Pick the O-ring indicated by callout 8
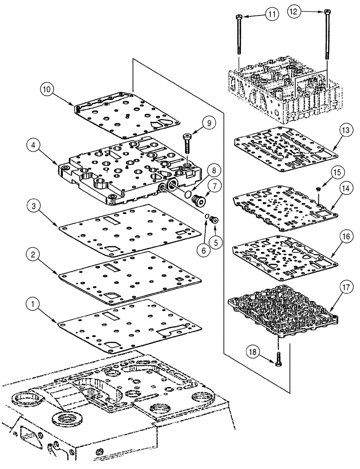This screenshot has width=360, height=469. pyautogui.click(x=187, y=194)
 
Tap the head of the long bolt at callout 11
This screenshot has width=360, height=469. pyautogui.click(x=240, y=17)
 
